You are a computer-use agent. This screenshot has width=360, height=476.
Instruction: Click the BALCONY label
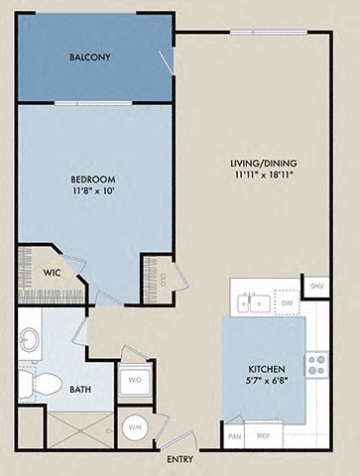pyautogui.click(x=89, y=58)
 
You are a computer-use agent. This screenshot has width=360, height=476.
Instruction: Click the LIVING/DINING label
pyautogui.click(x=264, y=164)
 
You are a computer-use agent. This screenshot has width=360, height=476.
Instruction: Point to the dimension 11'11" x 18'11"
pyautogui.click(x=264, y=176)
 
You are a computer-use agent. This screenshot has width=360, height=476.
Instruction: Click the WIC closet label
pyautogui.click(x=53, y=272)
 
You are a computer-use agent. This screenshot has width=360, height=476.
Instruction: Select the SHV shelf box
pyautogui.click(x=317, y=286)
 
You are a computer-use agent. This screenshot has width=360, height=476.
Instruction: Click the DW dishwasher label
pyautogui.click(x=288, y=304)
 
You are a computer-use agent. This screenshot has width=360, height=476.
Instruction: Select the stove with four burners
pyautogui.click(x=317, y=364)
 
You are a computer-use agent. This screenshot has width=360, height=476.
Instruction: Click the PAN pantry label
pyautogui.click(x=235, y=435)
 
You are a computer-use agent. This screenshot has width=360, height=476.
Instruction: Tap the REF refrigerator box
pyautogui.click(x=264, y=435)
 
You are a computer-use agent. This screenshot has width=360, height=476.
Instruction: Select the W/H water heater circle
pyautogui.click(x=134, y=427)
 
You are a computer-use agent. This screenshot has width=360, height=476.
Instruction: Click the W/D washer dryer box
pyautogui.click(x=134, y=379)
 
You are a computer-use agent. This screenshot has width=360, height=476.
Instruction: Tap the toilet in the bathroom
pyautogui.click(x=42, y=384)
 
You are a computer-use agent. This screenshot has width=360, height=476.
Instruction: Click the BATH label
pyautogui.click(x=81, y=390)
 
